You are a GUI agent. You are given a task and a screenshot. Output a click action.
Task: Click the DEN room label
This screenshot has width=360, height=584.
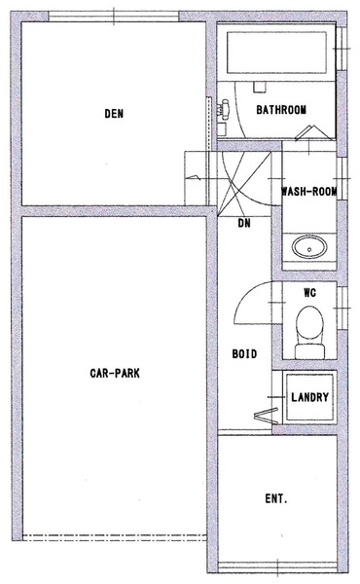114,114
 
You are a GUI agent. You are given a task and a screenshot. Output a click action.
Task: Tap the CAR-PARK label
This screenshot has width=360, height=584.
115,373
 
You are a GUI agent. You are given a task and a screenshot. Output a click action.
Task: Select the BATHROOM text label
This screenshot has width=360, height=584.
281,110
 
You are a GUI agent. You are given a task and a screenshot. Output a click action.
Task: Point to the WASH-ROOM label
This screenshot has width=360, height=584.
309,192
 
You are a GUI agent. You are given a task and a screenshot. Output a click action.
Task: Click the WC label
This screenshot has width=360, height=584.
309,293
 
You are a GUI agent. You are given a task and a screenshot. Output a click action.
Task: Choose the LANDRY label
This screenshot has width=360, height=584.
309,397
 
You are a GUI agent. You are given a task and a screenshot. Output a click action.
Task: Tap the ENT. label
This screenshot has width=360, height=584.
276,498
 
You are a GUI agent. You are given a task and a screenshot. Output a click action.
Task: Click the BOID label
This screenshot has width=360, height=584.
244,353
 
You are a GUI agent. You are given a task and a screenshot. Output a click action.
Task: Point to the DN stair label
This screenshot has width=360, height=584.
244,223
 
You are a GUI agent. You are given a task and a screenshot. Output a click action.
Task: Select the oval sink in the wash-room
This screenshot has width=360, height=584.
309,247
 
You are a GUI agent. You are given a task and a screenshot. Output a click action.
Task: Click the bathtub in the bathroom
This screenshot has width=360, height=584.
276,53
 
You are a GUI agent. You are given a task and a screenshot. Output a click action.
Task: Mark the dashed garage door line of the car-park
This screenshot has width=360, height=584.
115,537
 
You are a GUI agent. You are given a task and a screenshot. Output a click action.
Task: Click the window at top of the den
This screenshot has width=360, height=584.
114,17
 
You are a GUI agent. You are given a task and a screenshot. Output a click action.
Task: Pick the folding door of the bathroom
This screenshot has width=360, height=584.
313,133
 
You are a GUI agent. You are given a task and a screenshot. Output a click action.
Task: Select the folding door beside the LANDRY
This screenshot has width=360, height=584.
267,416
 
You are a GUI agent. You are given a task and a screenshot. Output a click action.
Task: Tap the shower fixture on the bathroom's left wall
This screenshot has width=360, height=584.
225,108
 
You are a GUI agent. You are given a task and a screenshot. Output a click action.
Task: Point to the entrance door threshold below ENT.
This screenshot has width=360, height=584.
277,569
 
